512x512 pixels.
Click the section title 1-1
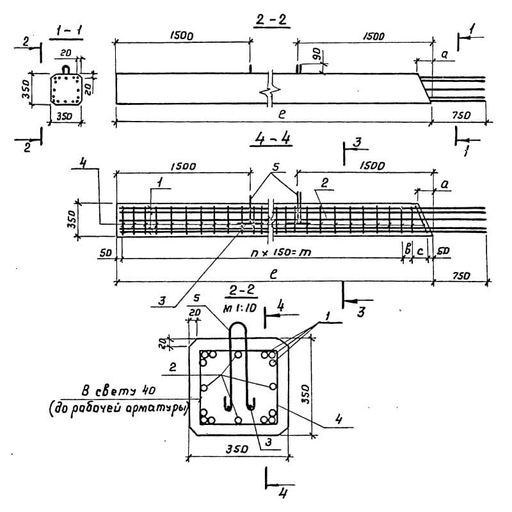click(x=65, y=30)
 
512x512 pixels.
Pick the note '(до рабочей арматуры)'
click(x=117, y=410)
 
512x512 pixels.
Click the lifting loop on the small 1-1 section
click(x=65, y=68)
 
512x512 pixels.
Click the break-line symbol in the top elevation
click(x=271, y=89)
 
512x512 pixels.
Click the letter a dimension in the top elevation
click(x=443, y=56)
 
